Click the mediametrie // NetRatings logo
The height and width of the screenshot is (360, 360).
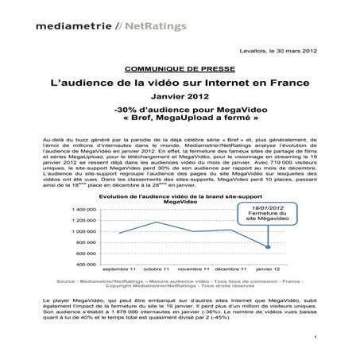pyautogui.click(x=110, y=25)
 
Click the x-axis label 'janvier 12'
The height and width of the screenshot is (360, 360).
pyautogui.click(x=267, y=270)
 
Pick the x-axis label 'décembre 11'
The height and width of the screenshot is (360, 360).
pyautogui.click(x=230, y=270)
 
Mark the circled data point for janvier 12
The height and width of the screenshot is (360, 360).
pyautogui.click(x=267, y=246)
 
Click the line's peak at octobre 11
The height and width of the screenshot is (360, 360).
pyautogui.click(x=157, y=222)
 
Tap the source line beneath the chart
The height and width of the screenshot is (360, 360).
pyautogui.click(x=180, y=284)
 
